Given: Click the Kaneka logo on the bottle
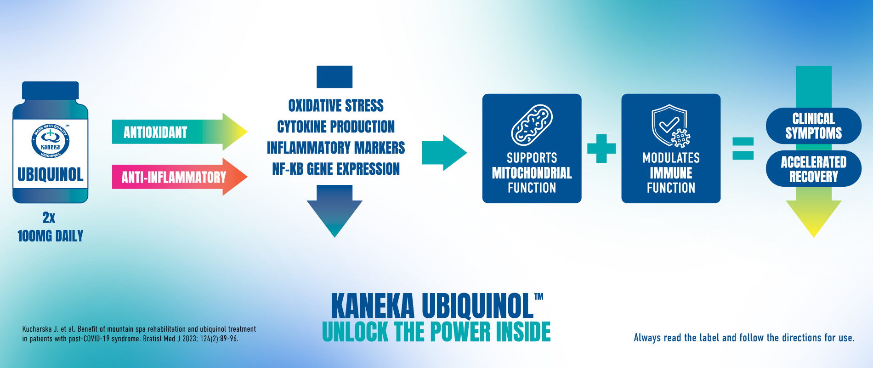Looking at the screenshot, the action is [x=51, y=141].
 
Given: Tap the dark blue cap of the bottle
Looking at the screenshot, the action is [x=51, y=91].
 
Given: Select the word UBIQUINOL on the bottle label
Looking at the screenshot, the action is [x=51, y=175].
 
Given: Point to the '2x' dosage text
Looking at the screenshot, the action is [x=49, y=217].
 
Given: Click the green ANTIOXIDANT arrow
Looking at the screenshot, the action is [x=180, y=132].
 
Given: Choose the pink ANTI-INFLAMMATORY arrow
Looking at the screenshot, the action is [x=180, y=177].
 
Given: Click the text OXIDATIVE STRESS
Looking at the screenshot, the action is [x=336, y=106].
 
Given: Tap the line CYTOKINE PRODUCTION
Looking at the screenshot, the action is [x=336, y=126].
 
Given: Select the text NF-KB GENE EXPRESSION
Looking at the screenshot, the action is [x=336, y=169].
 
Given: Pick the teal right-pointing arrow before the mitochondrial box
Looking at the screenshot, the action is [x=444, y=153].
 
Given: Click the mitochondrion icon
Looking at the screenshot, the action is [x=532, y=125].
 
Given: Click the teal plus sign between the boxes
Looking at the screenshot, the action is [x=601, y=149].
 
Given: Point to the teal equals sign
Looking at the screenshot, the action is [x=743, y=149].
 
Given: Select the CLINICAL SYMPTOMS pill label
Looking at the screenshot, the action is [x=814, y=126].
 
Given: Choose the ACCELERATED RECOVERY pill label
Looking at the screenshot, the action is [x=814, y=169].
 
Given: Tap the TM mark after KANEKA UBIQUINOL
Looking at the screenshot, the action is [x=539, y=297].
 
